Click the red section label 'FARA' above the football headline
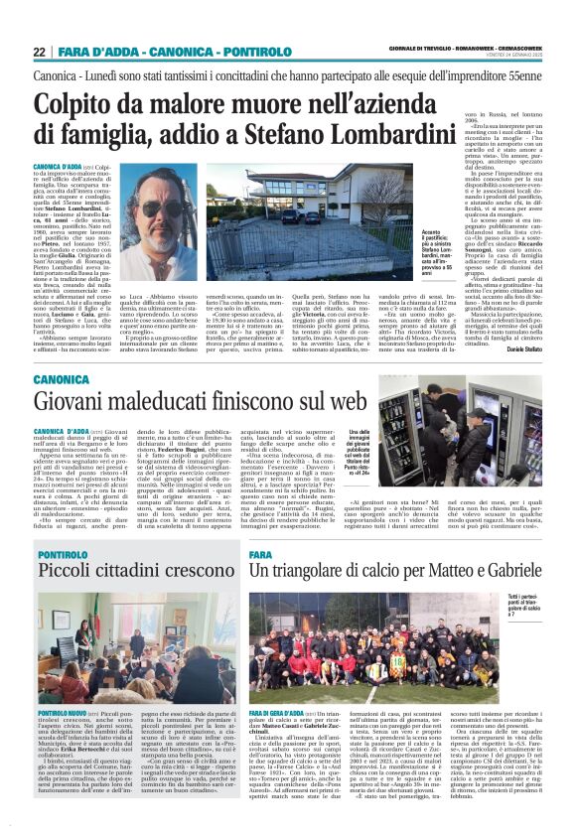[260, 552]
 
